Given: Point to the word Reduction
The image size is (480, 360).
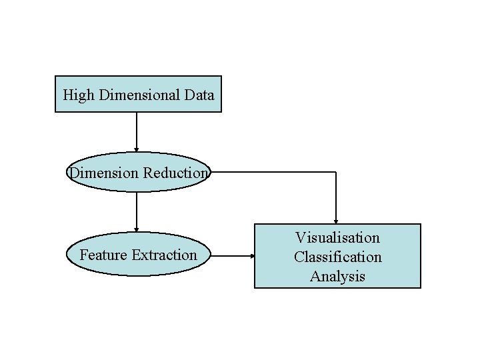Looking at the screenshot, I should [x=175, y=173].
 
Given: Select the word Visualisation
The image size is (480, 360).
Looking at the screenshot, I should [x=337, y=237].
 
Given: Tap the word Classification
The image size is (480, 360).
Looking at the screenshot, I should [x=337, y=257].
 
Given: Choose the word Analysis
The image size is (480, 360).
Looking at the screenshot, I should [x=337, y=276].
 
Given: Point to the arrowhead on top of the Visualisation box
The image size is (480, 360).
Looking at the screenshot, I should [x=336, y=221].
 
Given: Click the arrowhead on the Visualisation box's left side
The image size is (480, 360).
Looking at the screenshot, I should [x=251, y=255].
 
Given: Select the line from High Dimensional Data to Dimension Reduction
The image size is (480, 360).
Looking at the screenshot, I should [x=137, y=130].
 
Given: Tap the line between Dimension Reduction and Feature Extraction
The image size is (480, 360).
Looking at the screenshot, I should [x=137, y=209].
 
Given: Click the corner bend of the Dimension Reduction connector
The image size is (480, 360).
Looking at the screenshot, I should [x=336, y=172].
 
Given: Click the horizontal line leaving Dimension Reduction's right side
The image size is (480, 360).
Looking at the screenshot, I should [x=273, y=172].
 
